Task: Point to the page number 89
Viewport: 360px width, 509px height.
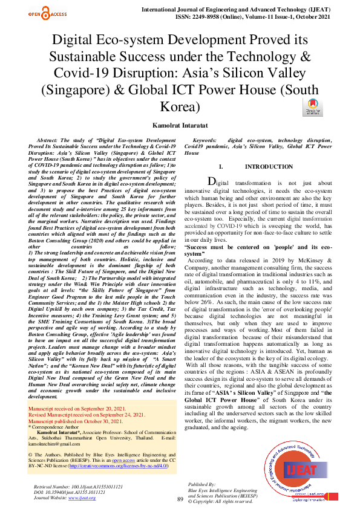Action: tap(180, 499)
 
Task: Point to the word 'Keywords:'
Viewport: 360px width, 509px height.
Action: tap(205, 140)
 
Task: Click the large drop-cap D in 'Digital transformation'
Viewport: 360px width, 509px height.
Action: tap(211, 181)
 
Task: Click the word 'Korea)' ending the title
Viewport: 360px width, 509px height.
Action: tap(180, 107)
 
